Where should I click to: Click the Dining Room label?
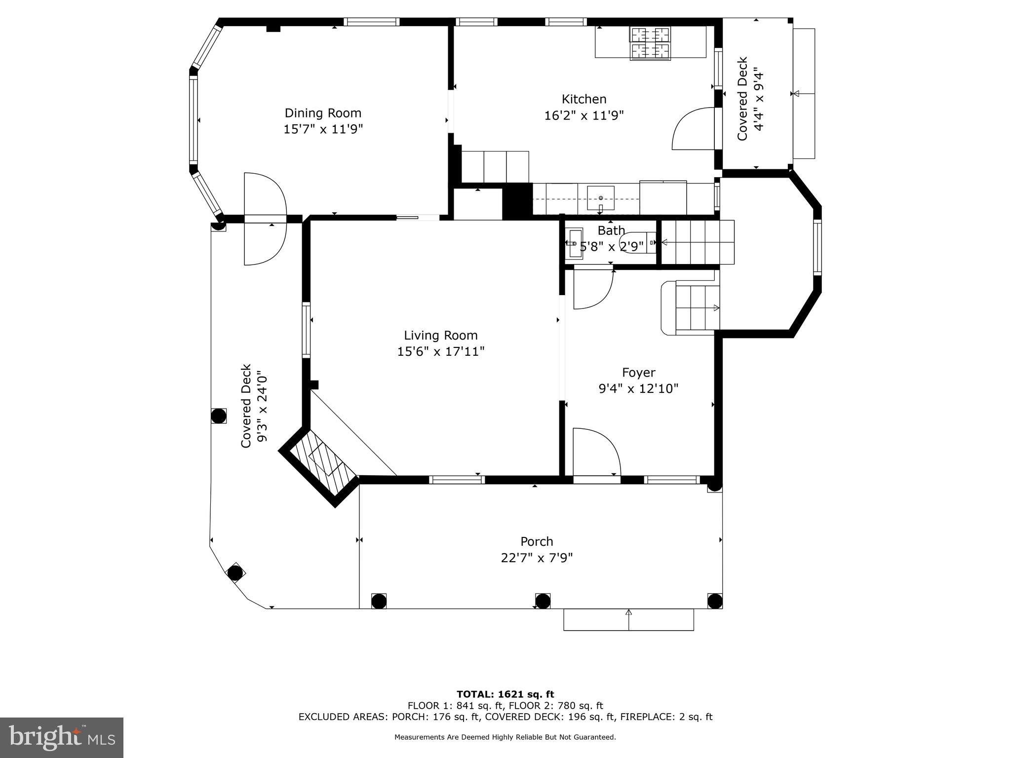pos(323,113)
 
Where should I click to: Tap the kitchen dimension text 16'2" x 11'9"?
pos(584,115)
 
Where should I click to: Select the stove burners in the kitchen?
pos(650,42)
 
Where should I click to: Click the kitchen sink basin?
pos(600,198)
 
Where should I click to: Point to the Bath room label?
pos(611,230)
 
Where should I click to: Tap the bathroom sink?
pos(575,243)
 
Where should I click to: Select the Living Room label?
pos(441,336)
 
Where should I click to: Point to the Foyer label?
pos(638,373)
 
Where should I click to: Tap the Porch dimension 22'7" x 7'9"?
pos(537,558)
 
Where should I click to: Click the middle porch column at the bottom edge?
pos(543,601)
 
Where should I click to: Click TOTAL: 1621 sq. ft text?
pos(505,695)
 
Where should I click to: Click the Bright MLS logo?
pos(62,737)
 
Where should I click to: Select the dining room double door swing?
pos(265,219)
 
